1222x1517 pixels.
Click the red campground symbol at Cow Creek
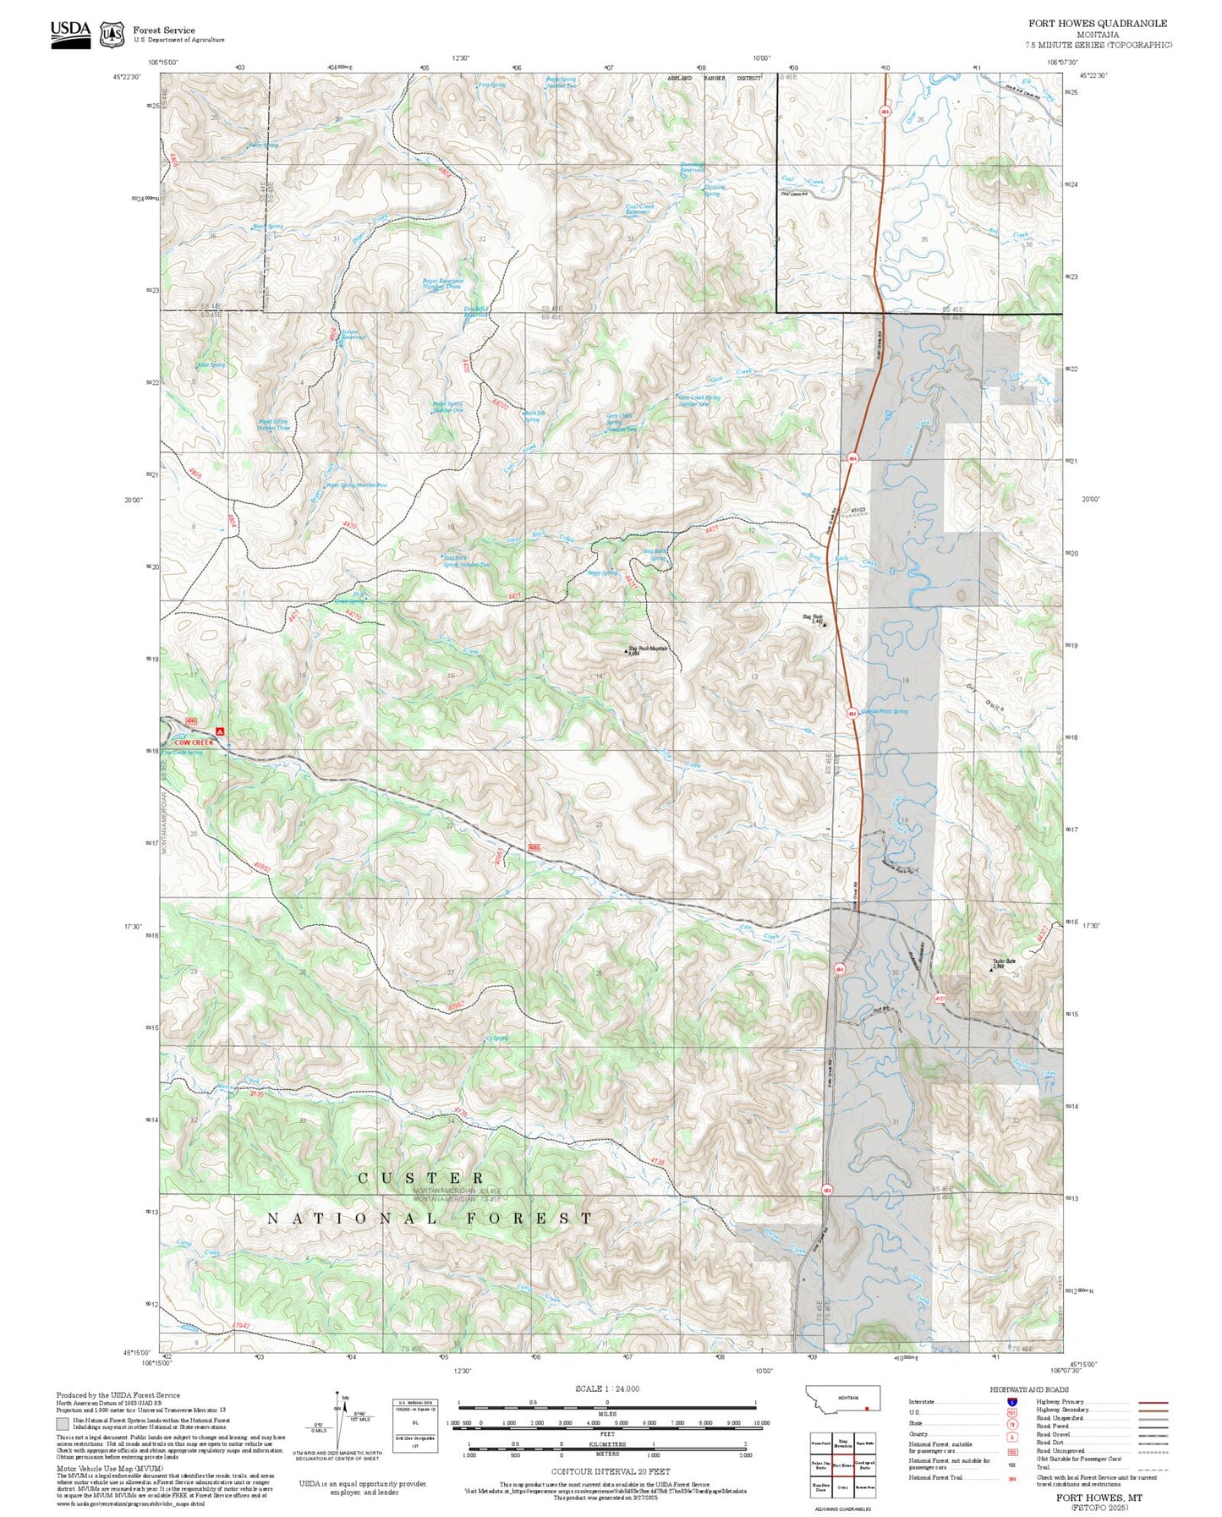(x=220, y=731)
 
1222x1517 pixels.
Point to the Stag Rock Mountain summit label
(x=649, y=649)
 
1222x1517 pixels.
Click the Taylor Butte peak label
(x=1004, y=963)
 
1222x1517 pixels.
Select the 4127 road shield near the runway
(x=940, y=999)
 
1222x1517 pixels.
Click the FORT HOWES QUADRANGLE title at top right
(x=1097, y=24)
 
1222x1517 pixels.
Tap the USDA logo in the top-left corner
(x=70, y=33)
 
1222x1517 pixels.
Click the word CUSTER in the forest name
(x=421, y=1178)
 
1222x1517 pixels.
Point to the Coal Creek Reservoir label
(x=638, y=209)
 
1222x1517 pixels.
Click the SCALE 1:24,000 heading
(x=607, y=1388)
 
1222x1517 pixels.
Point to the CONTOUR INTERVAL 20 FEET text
(x=610, y=1472)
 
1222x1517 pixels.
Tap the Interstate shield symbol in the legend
(x=1011, y=1402)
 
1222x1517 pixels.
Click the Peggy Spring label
(x=602, y=572)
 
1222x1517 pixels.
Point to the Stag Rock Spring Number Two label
(x=467, y=561)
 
